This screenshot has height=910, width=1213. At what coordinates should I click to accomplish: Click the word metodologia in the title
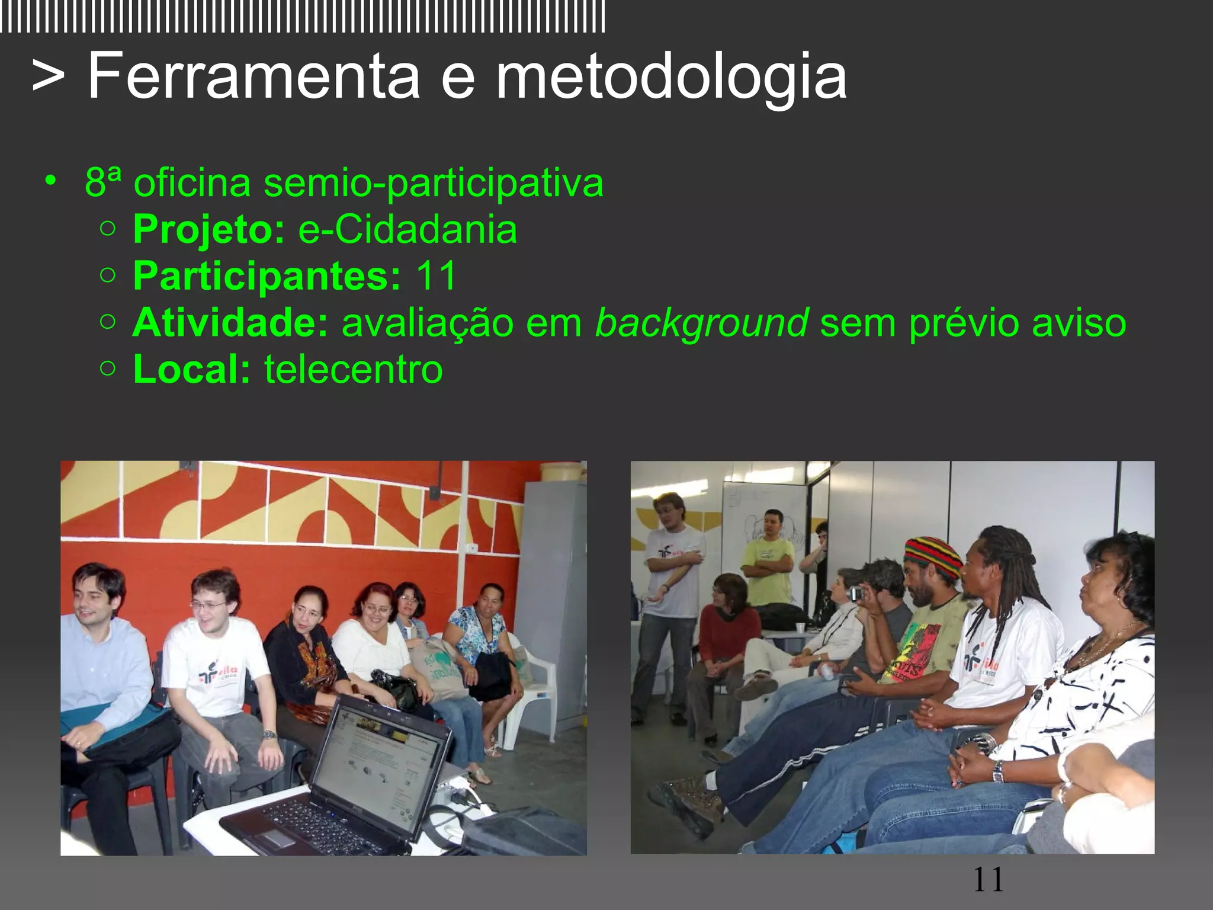tap(670, 77)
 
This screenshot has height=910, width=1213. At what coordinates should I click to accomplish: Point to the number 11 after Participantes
tap(436, 275)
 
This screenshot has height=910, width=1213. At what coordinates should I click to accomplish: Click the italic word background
tap(701, 323)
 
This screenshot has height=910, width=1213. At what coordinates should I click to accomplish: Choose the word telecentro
tap(354, 369)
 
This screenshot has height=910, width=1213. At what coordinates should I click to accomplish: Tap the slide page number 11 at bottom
tap(989, 880)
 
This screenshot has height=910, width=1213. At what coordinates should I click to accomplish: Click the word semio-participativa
tap(433, 182)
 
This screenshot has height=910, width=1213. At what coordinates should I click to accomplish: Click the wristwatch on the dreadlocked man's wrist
tap(997, 771)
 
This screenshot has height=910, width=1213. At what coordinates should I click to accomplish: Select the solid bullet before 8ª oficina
tap(52, 180)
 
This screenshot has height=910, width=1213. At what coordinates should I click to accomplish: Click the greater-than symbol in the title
tap(49, 77)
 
